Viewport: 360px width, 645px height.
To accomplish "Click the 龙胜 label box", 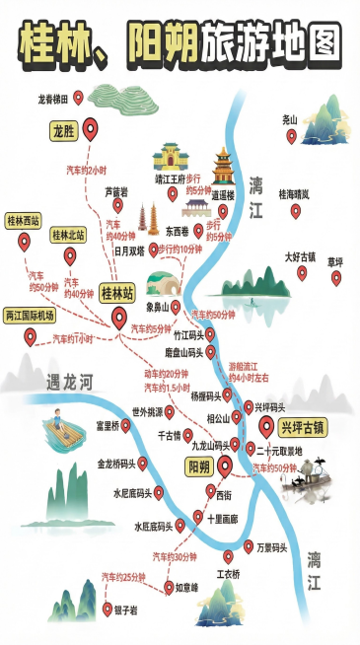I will tap(63, 129).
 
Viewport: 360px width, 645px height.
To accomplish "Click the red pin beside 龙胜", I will tap(92, 128).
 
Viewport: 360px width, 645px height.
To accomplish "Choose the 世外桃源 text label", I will tap(147, 412).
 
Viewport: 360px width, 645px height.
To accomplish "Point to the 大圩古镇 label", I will tap(300, 256).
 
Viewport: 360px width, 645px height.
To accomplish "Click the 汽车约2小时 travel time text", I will tap(86, 170).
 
